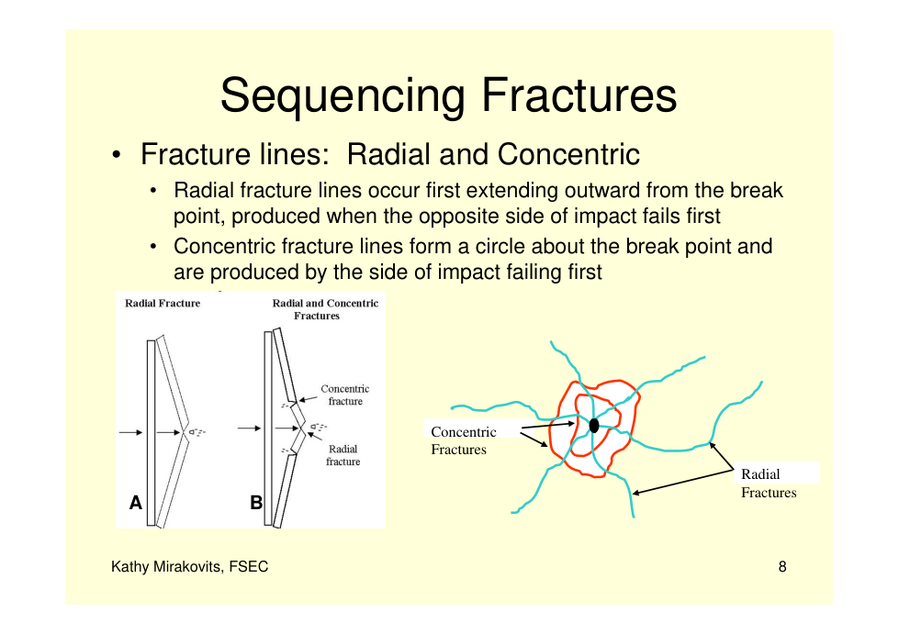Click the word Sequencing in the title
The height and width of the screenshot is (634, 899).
(x=343, y=96)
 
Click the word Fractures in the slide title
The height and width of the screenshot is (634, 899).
(x=579, y=95)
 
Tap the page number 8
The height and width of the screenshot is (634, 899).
(x=782, y=566)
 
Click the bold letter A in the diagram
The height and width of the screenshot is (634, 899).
(x=135, y=502)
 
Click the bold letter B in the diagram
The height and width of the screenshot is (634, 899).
(x=256, y=502)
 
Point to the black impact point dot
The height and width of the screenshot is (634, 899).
(x=594, y=425)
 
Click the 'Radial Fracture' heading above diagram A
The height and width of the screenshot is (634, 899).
(x=163, y=303)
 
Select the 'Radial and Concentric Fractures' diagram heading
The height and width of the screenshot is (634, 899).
(x=325, y=309)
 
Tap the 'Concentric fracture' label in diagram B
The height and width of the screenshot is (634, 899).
(x=345, y=395)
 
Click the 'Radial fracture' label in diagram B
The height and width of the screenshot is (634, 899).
(x=343, y=455)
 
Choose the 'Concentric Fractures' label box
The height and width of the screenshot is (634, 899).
(x=464, y=439)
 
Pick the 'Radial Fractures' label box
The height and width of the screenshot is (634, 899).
(x=769, y=483)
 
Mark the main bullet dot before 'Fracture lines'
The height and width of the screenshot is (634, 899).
(x=117, y=155)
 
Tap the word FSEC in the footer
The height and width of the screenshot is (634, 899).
(x=249, y=566)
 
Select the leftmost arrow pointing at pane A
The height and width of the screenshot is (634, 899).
(x=130, y=432)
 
